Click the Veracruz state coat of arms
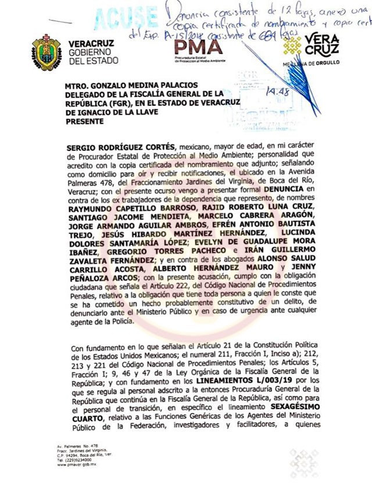[46, 52]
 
